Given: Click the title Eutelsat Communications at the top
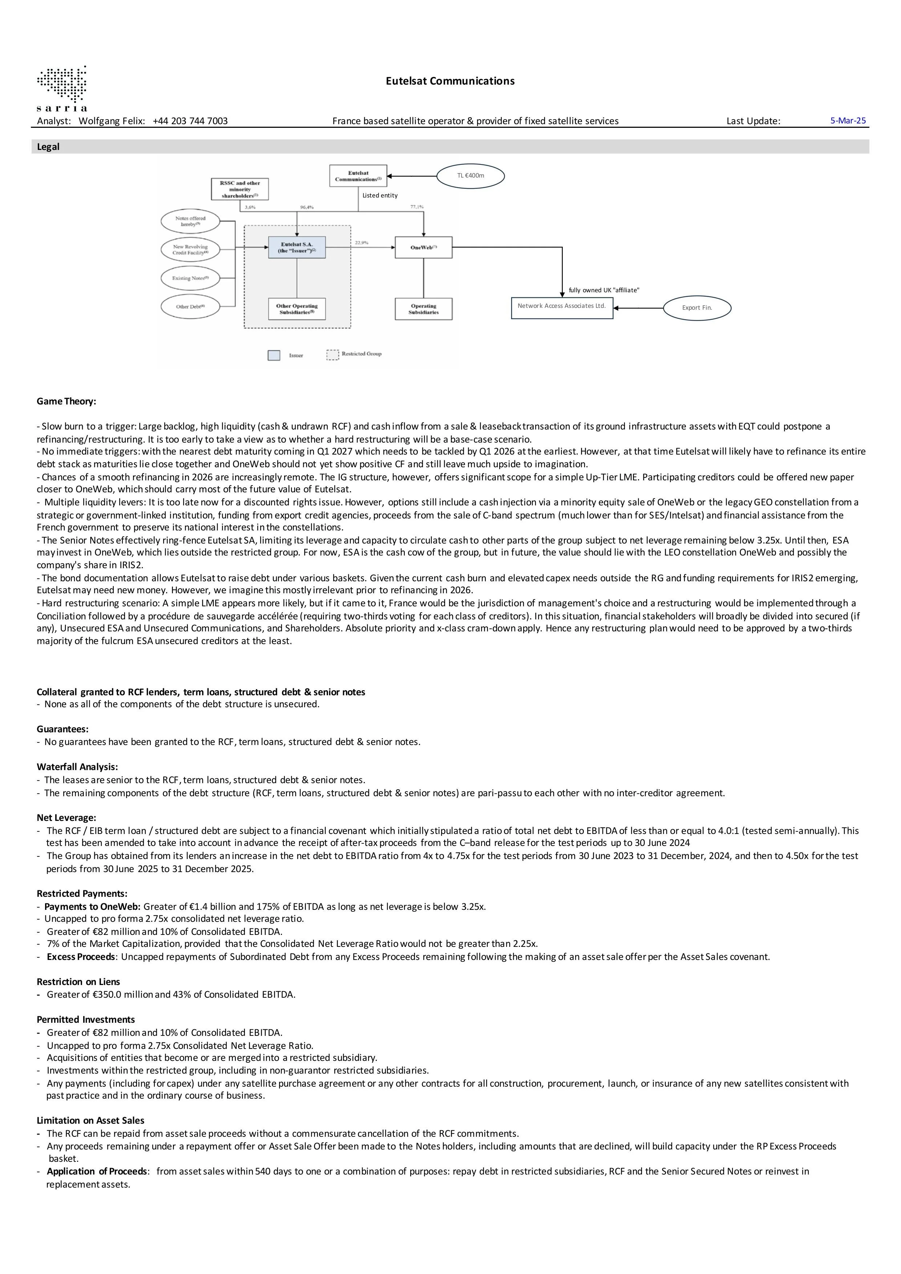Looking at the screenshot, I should [450, 81].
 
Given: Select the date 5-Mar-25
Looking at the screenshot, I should [848, 121].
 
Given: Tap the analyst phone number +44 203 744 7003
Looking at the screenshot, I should [190, 121].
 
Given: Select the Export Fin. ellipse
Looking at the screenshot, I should [697, 308].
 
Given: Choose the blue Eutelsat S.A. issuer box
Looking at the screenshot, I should [296, 248].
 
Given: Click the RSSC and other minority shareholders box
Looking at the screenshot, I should [239, 189].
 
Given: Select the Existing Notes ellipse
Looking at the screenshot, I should [190, 278].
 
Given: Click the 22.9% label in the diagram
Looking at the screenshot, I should [361, 243].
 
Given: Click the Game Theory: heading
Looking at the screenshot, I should [66, 401].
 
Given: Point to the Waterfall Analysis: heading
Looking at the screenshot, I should [77, 767].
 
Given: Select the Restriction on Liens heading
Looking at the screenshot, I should [78, 982].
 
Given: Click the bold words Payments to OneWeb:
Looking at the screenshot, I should [93, 907].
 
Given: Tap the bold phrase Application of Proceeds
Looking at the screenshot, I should [97, 1171].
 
